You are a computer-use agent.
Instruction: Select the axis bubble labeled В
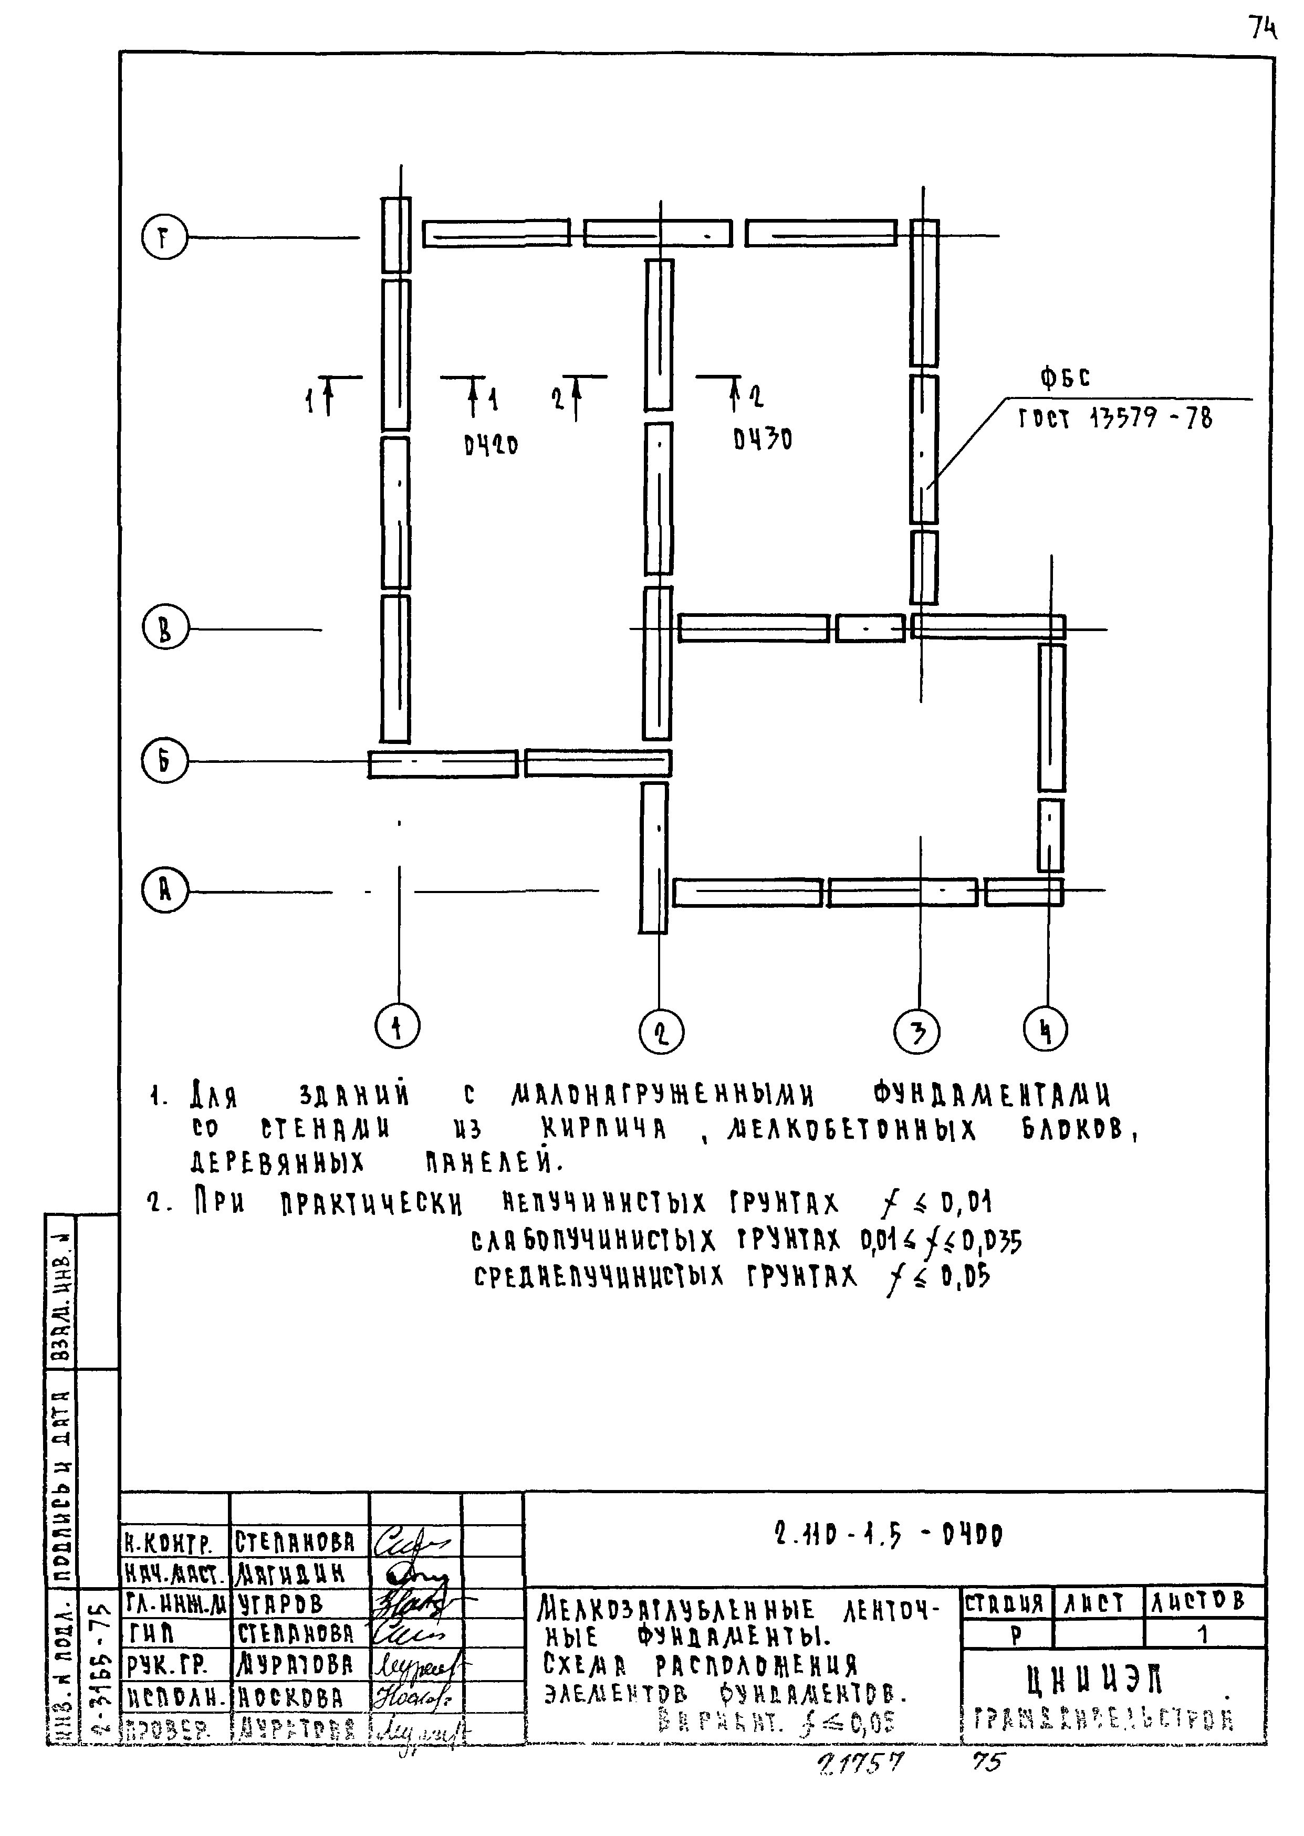[164, 628]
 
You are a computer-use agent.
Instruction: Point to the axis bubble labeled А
[164, 890]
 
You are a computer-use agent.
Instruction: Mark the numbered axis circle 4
[1046, 1029]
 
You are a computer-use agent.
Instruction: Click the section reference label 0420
[491, 444]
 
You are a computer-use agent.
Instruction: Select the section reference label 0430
[762, 439]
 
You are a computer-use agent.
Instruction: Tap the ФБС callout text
[1065, 377]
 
